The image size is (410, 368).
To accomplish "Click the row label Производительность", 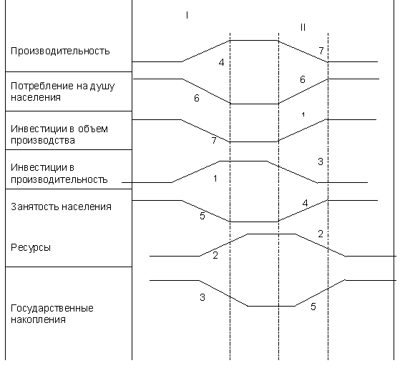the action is pyautogui.click(x=60, y=51).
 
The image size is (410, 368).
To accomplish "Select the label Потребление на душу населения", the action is pyautogui.click(x=62, y=91).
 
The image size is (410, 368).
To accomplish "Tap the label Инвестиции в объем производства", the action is pyautogui.click(x=59, y=134).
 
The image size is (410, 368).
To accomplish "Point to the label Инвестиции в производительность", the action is pyautogui.click(x=59, y=174).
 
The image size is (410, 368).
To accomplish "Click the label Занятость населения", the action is pyautogui.click(x=62, y=207).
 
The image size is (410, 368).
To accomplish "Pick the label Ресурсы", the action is pyautogui.click(x=31, y=247).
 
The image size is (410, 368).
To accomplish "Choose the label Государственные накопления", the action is pyautogui.click(x=52, y=314).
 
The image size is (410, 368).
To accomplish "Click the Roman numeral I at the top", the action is pyautogui.click(x=187, y=16).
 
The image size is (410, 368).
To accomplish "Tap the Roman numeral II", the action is pyautogui.click(x=303, y=27).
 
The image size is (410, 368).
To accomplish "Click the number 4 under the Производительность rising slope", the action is pyautogui.click(x=222, y=62).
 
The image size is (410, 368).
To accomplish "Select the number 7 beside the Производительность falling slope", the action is pyautogui.click(x=321, y=51).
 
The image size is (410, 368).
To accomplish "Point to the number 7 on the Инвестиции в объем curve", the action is pyautogui.click(x=214, y=141).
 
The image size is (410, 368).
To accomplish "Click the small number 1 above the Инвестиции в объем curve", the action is pyautogui.click(x=303, y=114).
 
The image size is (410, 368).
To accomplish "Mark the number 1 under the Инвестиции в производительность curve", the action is pyautogui.click(x=215, y=179).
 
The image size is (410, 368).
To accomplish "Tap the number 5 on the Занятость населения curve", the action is pyautogui.click(x=202, y=216).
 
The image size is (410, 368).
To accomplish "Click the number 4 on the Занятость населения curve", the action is pyautogui.click(x=305, y=203).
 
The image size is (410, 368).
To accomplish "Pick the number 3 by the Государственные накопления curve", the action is pyautogui.click(x=202, y=297).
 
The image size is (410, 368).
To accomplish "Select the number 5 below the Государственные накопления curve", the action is pyautogui.click(x=313, y=307).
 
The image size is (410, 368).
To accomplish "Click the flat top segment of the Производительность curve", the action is pyautogui.click(x=254, y=41).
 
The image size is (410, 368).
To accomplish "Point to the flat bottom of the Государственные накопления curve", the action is pyautogui.click(x=271, y=306).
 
